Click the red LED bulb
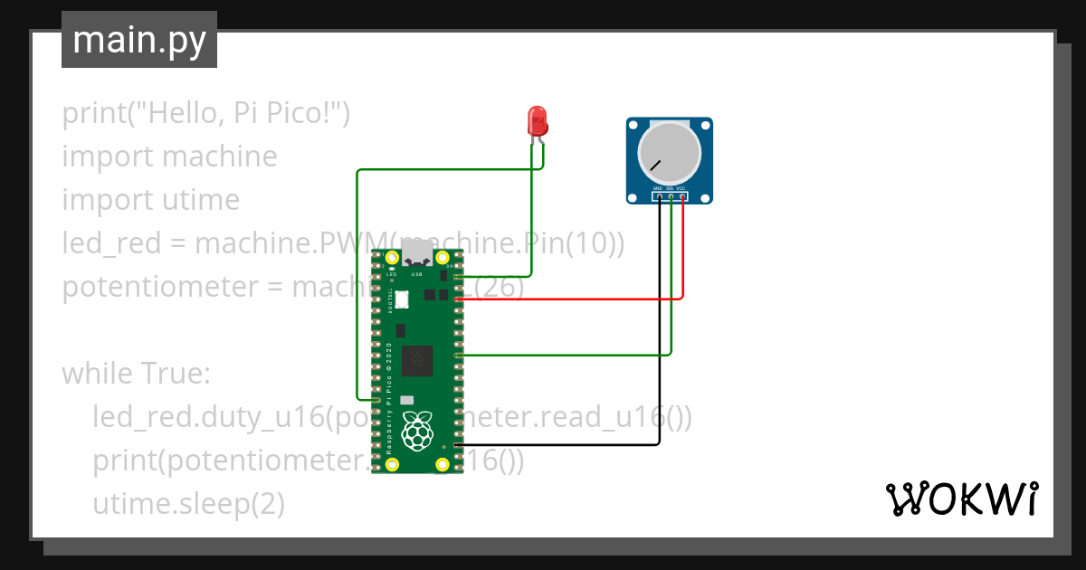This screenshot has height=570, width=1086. pyautogui.click(x=537, y=120)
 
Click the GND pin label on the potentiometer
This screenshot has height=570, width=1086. pyautogui.click(x=658, y=188)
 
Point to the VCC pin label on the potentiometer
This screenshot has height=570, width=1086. pyautogui.click(x=681, y=188)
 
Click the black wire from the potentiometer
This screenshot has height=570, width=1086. pyautogui.click(x=659, y=362)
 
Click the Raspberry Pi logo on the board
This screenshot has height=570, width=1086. pyautogui.click(x=416, y=431)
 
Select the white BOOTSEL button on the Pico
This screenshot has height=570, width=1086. pyautogui.click(x=402, y=298)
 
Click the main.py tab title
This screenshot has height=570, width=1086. pyautogui.click(x=138, y=40)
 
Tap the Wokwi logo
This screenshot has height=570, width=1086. pyautogui.click(x=961, y=499)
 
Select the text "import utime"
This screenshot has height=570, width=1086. pyautogui.click(x=150, y=200)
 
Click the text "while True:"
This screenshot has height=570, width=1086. pyautogui.click(x=136, y=373)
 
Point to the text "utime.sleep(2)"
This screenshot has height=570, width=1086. pyautogui.click(x=188, y=504)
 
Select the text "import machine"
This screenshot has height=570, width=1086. pyautogui.click(x=169, y=157)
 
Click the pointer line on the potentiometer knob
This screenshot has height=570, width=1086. pyautogui.click(x=654, y=166)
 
